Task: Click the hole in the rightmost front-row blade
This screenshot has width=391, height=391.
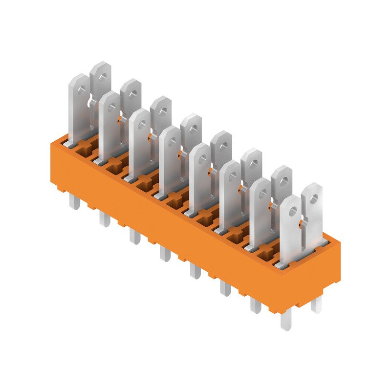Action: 293,211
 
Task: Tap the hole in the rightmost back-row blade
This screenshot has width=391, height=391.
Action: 314,199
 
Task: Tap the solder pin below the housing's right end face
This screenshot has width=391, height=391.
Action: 317,305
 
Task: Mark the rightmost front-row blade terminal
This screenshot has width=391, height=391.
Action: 290,230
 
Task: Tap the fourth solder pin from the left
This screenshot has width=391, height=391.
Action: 165,253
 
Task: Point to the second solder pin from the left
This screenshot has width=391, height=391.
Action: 104,218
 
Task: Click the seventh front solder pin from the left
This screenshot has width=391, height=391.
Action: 256,305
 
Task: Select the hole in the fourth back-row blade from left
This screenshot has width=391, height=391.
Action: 193,129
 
